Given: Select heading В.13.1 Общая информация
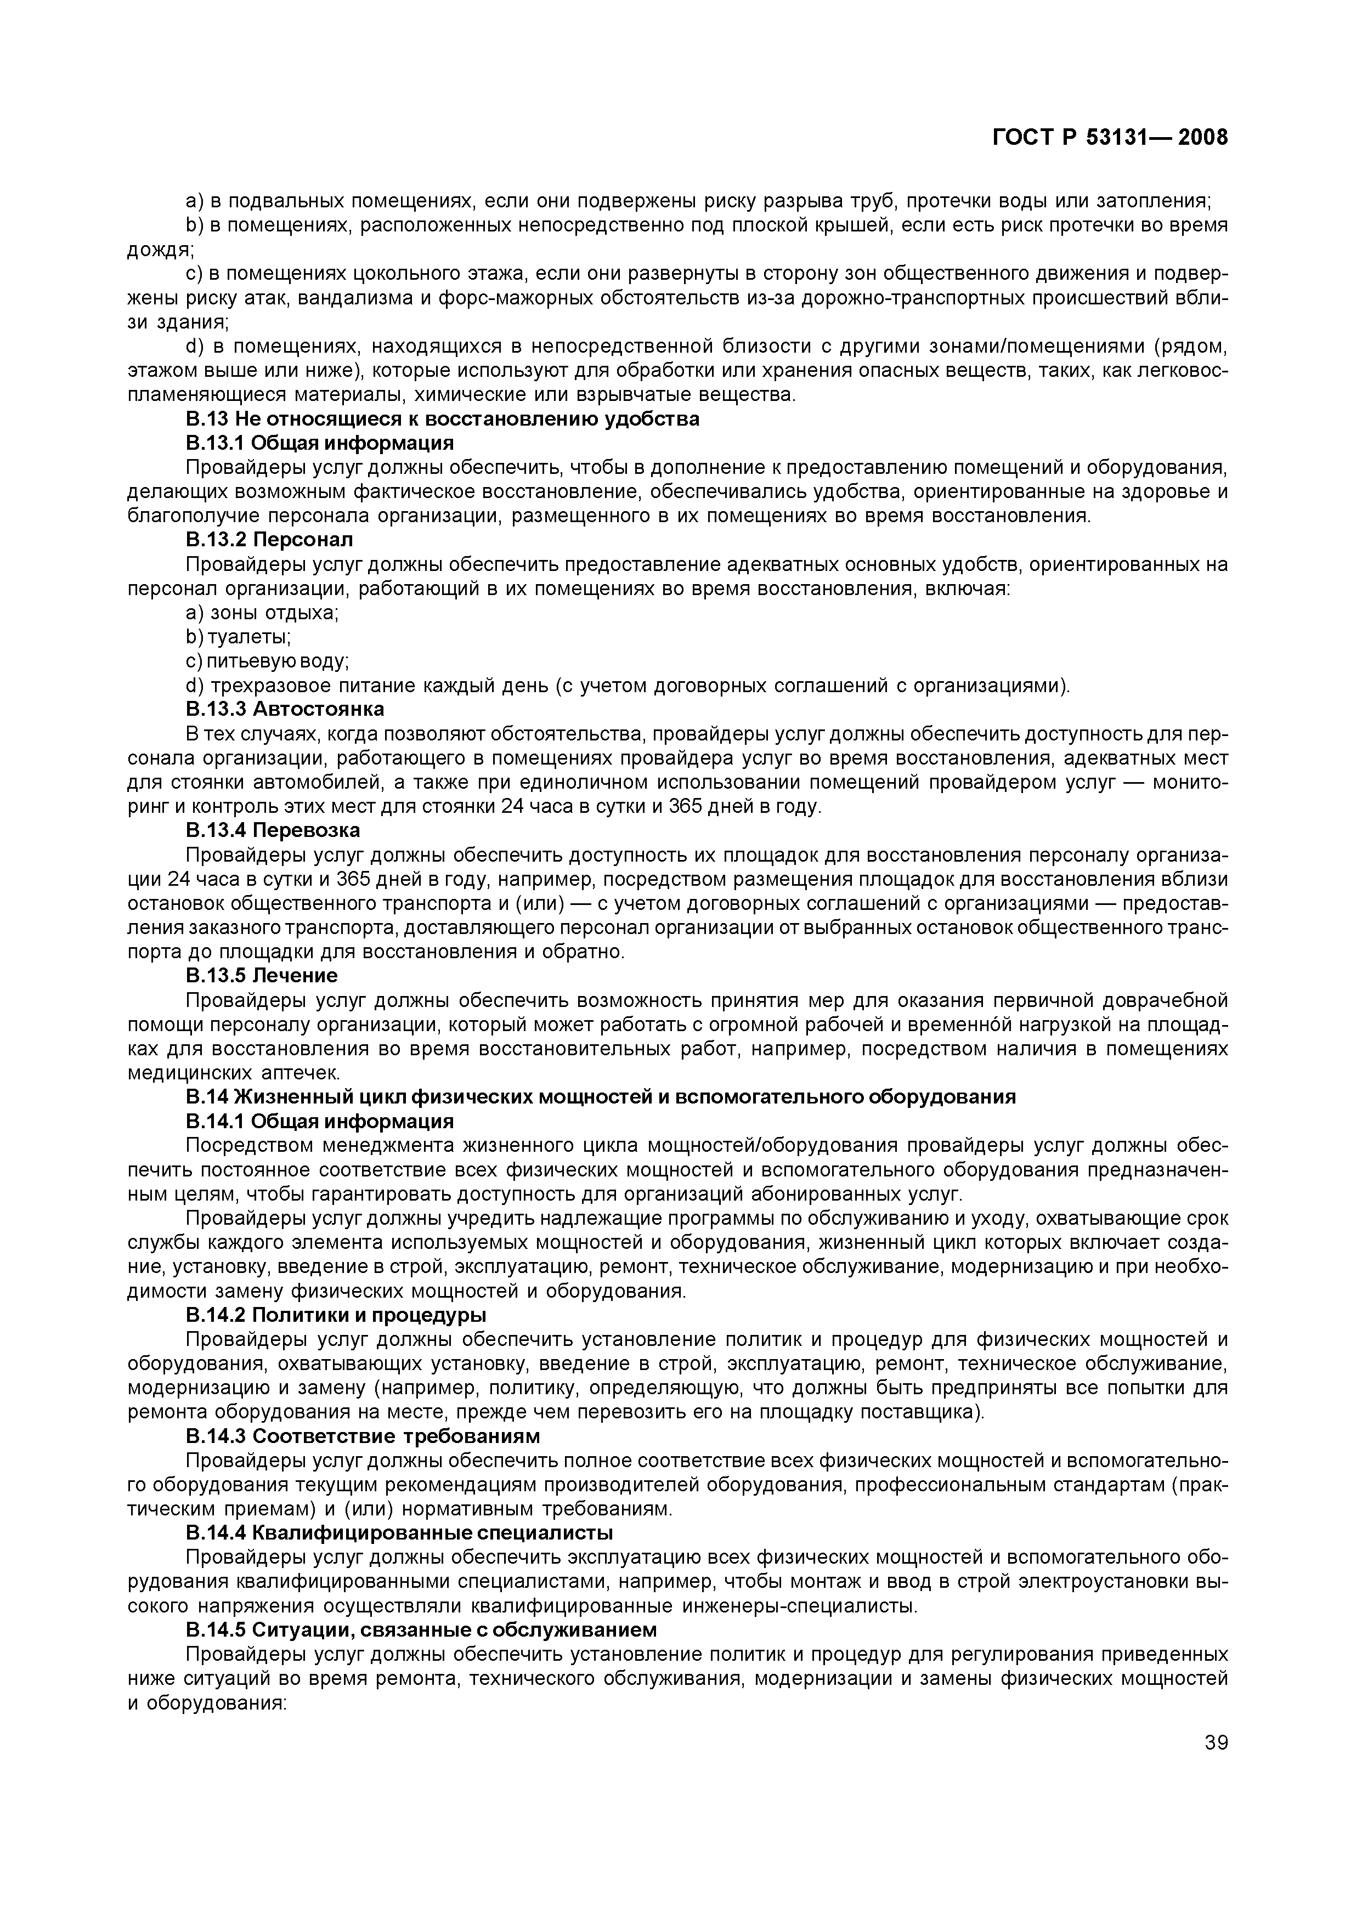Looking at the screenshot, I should [x=320, y=443].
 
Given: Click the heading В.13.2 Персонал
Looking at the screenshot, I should [x=269, y=539].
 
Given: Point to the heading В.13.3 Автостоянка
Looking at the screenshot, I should [x=284, y=709].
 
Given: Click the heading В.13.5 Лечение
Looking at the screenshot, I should [x=262, y=976].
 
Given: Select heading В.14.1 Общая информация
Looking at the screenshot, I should [x=320, y=1122].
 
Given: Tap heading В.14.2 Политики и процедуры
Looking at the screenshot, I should [x=336, y=1315].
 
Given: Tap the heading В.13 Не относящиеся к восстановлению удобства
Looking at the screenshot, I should [x=442, y=418].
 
